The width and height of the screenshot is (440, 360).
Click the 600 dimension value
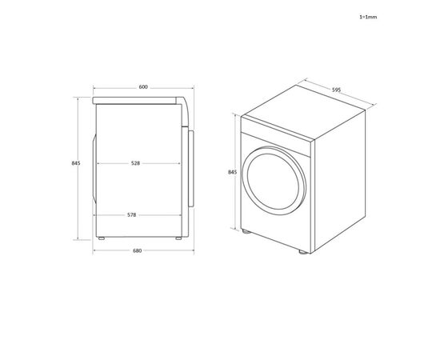coord(142,86)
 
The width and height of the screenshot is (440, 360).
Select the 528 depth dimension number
coord(136,163)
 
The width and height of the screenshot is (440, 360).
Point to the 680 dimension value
coord(137,251)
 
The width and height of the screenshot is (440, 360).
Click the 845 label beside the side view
coord(76,163)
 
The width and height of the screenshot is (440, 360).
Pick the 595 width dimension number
coord(337,90)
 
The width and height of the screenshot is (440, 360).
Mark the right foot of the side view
coord(178,237)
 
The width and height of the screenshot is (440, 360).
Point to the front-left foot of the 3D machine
coord(246,231)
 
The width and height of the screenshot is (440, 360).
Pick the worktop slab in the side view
coord(136,100)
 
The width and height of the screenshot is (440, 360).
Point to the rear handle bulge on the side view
coord(94,169)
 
